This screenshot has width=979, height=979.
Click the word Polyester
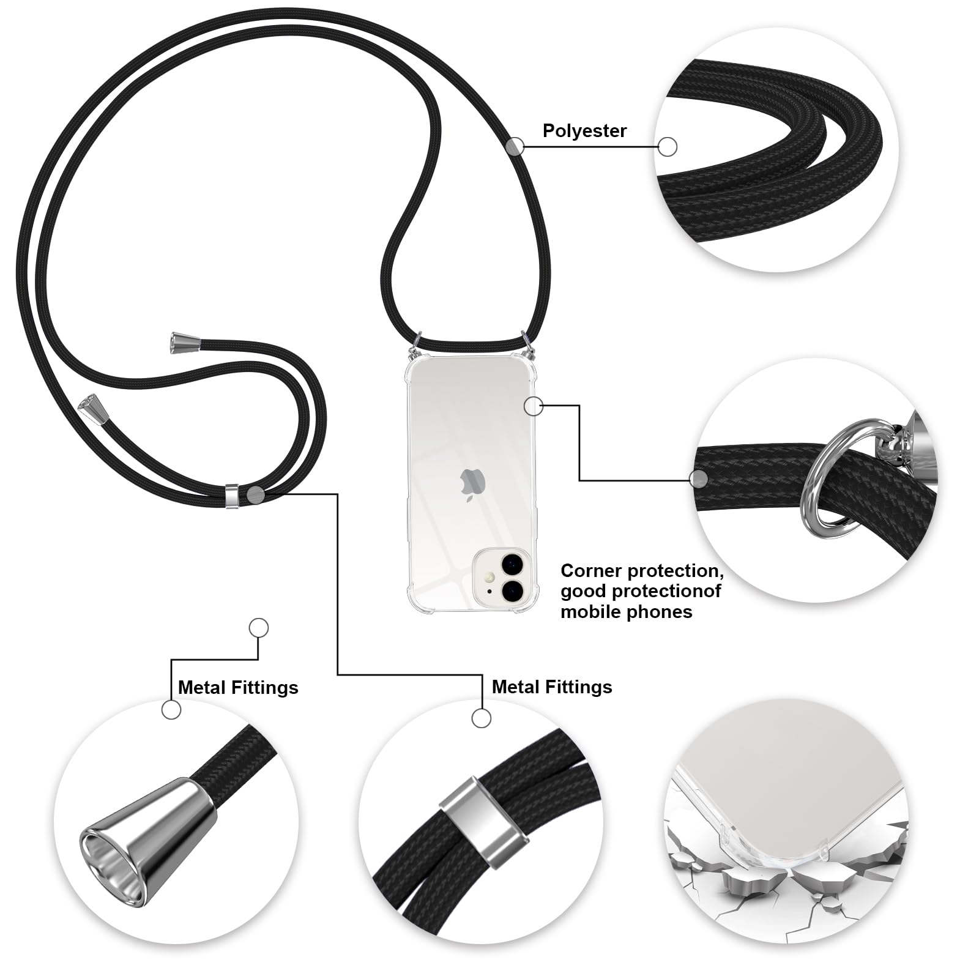pyautogui.click(x=584, y=131)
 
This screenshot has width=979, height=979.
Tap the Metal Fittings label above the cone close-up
pyautogui.click(x=238, y=688)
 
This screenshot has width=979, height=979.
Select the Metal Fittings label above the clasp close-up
pyautogui.click(x=552, y=687)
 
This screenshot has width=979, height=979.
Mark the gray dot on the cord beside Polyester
pyautogui.click(x=515, y=146)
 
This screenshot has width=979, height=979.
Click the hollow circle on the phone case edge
pyautogui.click(x=534, y=406)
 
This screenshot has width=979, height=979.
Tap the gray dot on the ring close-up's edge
pyautogui.click(x=699, y=478)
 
